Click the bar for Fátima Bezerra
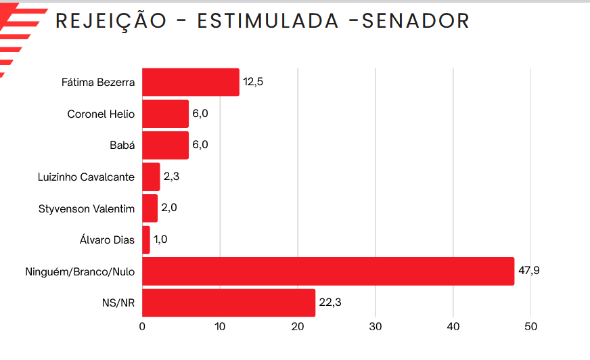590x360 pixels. click(x=191, y=83)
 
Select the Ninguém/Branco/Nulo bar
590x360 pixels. click(x=328, y=271)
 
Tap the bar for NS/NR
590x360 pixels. click(x=229, y=303)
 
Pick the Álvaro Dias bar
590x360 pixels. click(x=146, y=240)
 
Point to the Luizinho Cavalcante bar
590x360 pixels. click(x=151, y=177)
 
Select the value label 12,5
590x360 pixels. click(x=254, y=82)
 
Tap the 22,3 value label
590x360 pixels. click(x=330, y=302)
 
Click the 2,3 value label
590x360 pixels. click(x=171, y=177)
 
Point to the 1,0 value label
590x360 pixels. click(x=160, y=240)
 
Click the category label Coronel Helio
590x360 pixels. click(x=101, y=114)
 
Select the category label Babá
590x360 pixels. click(x=122, y=145)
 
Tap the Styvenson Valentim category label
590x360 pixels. click(x=87, y=208)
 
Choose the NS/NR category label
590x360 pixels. click(x=120, y=303)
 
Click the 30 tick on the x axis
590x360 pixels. click(x=376, y=327)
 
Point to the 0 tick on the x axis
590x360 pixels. click(x=142, y=327)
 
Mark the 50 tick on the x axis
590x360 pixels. click(x=531, y=327)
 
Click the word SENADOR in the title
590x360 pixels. click(x=416, y=21)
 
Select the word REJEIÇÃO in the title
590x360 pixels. click(x=110, y=21)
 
